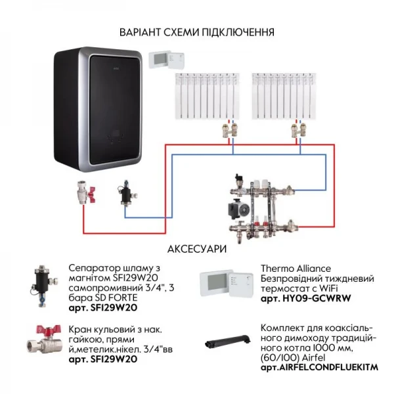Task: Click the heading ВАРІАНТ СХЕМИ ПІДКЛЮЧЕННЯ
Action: tap(197, 32)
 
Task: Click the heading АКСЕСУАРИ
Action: tap(197, 250)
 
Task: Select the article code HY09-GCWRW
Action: tap(309, 298)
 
